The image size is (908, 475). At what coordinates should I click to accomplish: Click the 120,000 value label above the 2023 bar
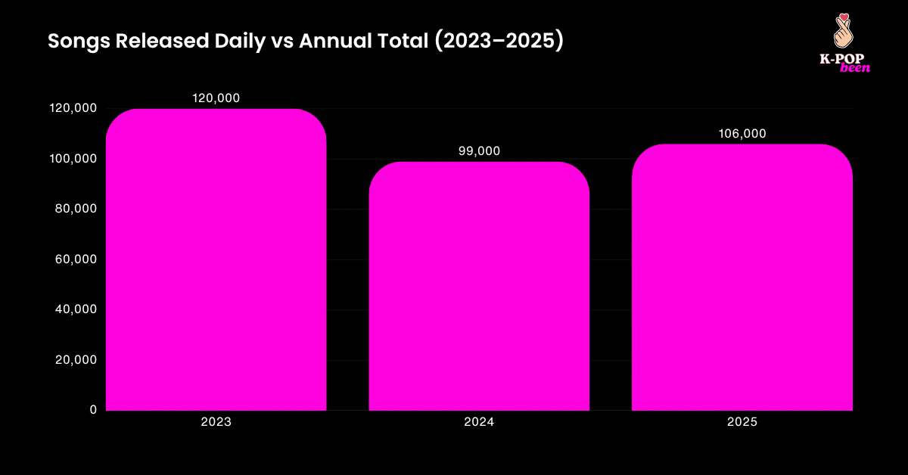click(x=216, y=98)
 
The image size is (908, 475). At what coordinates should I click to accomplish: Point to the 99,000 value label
click(x=479, y=151)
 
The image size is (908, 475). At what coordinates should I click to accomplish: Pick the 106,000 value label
click(x=742, y=134)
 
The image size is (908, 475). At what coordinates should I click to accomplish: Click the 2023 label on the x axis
click(x=216, y=423)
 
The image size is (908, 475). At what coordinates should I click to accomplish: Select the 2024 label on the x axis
click(x=479, y=423)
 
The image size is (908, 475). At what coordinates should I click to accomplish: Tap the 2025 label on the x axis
click(x=742, y=423)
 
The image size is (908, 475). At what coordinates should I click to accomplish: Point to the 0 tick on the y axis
click(x=93, y=410)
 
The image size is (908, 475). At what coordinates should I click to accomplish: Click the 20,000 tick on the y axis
click(x=76, y=360)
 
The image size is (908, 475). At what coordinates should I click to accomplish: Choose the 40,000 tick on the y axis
click(x=76, y=309)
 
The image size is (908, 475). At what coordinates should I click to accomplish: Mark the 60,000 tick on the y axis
click(x=76, y=259)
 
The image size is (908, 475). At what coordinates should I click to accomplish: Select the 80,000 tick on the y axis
click(x=76, y=209)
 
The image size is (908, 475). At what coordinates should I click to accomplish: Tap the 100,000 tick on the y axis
click(x=73, y=159)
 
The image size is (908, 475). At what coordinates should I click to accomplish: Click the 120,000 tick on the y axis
click(x=73, y=108)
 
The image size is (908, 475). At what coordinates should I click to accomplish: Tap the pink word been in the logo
click(x=855, y=68)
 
